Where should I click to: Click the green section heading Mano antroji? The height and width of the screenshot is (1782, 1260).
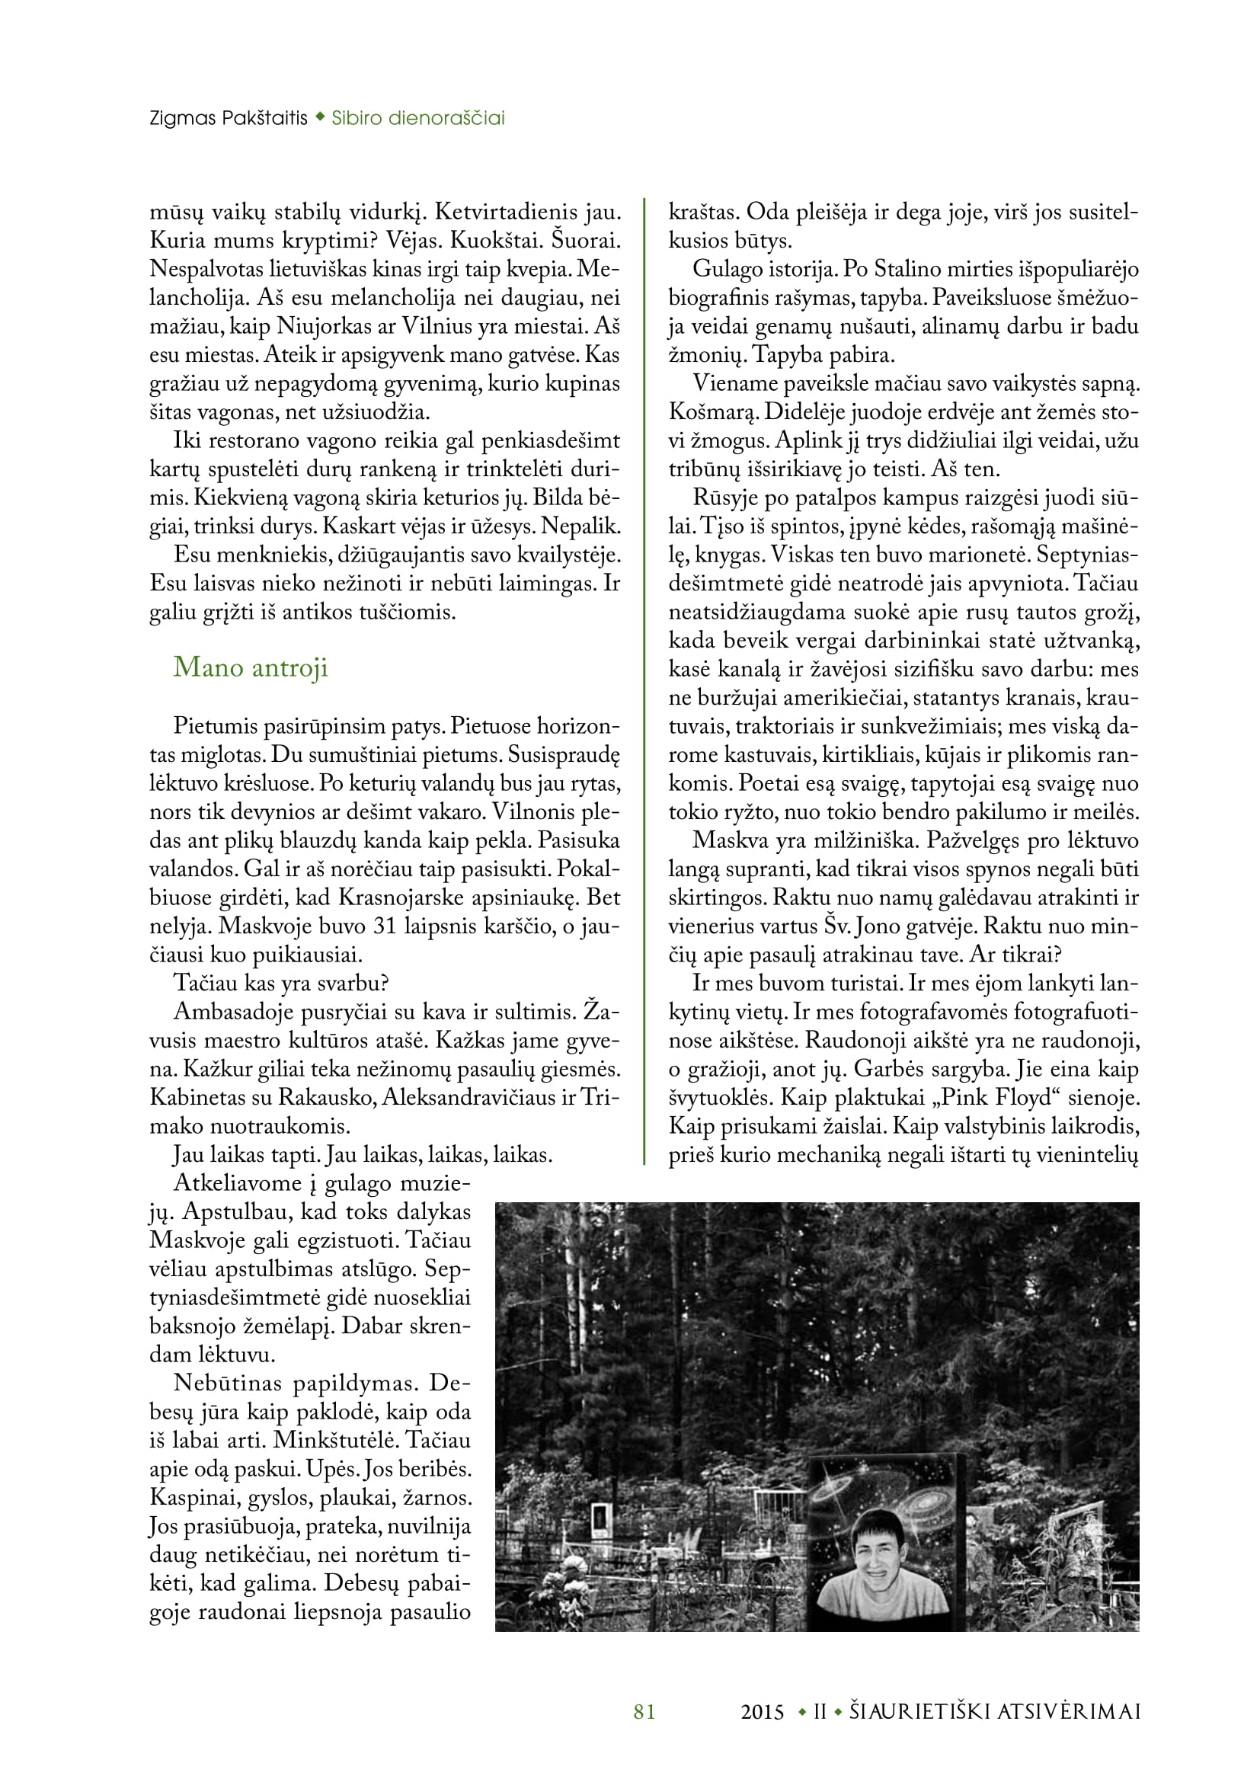[x=250, y=667]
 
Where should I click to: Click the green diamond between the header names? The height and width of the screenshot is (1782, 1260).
[x=320, y=119]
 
